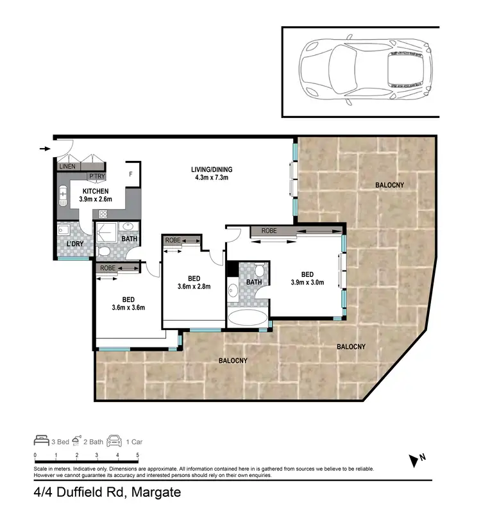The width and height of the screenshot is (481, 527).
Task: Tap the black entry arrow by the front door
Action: pos(44,149)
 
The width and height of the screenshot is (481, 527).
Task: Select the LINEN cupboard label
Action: pos(67,167)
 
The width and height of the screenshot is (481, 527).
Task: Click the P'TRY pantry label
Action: pos(97,176)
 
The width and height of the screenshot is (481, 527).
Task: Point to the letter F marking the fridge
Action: pos(131,173)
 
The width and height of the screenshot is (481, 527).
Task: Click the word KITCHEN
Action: pos(95,191)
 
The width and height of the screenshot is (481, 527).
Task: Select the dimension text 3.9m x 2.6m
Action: pos(95,200)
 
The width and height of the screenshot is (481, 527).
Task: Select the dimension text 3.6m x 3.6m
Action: pos(128,307)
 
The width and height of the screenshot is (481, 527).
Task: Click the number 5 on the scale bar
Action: pos(138,455)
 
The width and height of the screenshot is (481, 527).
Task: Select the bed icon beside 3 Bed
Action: pos(41,441)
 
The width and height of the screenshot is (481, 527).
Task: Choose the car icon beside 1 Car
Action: pos(115,441)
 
